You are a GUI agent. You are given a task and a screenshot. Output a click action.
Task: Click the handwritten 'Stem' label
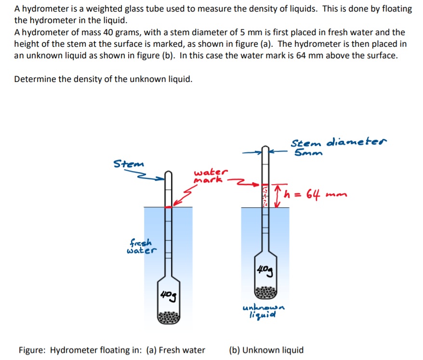tap(128, 163)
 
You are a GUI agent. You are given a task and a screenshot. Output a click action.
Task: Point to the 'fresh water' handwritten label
tap(141, 246)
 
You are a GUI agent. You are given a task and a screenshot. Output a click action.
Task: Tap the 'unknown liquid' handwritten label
tap(265, 311)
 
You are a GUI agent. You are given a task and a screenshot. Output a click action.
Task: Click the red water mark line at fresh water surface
tap(168, 207)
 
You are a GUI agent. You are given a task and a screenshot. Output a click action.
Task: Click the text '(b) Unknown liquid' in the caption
tap(266, 350)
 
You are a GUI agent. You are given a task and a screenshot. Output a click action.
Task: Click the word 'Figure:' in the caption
tap(32, 350)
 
